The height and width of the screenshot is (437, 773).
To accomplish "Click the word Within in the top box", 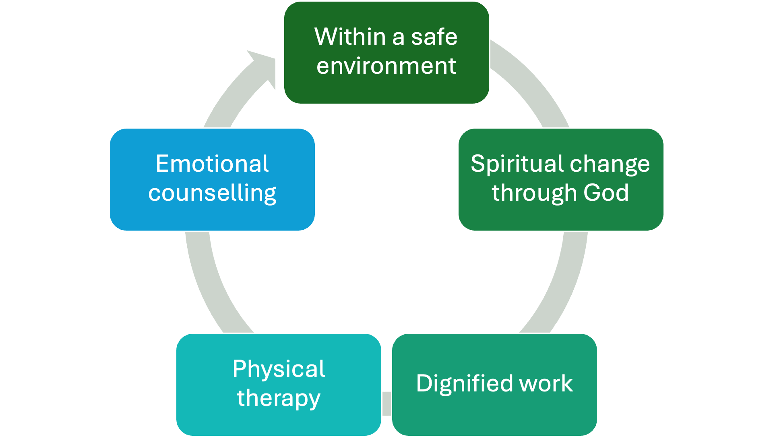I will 350,37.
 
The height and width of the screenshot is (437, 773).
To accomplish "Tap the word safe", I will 434,37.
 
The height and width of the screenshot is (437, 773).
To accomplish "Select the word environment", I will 386,66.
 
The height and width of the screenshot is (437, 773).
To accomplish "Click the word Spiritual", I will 517,164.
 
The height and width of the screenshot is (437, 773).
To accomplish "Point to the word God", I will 606,193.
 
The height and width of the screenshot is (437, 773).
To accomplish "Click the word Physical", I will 279,369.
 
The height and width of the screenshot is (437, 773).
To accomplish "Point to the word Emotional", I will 212,164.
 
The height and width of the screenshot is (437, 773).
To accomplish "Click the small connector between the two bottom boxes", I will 386,403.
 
